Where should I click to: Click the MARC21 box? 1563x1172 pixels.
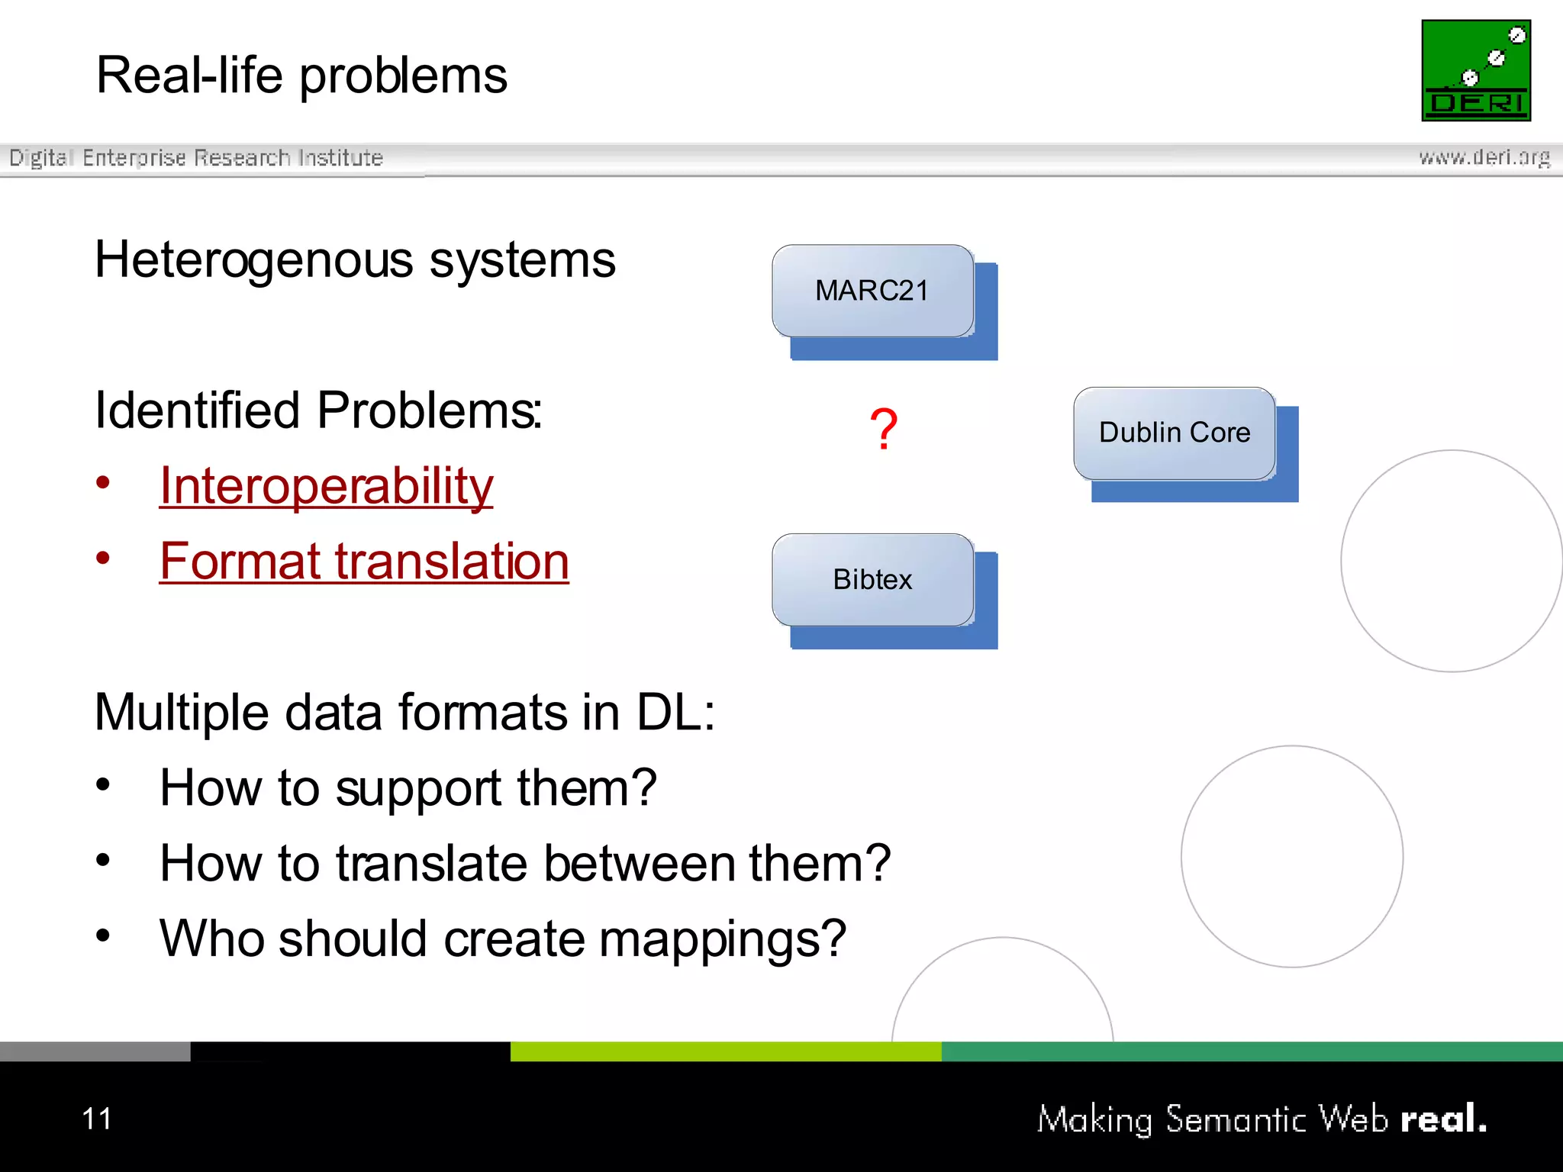point(872,291)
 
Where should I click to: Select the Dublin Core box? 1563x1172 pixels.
point(1175,433)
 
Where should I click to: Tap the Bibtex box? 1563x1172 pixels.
point(872,580)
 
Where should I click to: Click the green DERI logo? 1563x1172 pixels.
point(1476,70)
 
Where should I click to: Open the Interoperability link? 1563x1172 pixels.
point(326,486)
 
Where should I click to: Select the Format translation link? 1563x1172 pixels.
point(364,562)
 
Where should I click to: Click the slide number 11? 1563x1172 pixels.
point(97,1119)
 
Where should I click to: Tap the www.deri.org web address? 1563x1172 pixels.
point(1484,157)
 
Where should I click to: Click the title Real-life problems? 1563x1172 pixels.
point(301,76)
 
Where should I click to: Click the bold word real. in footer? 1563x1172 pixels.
point(1443,1119)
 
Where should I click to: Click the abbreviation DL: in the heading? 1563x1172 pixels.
point(675,713)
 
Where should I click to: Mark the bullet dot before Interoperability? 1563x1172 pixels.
point(103,483)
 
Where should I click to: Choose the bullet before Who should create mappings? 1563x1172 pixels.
point(103,935)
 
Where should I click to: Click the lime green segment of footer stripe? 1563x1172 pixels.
point(725,1051)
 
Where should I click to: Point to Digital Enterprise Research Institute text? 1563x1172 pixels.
point(196,157)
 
